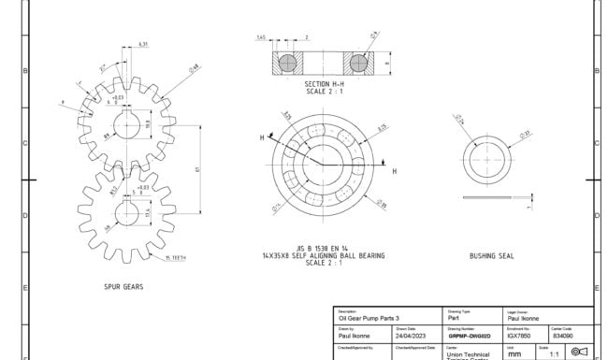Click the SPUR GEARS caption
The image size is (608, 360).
pyautogui.click(x=123, y=287)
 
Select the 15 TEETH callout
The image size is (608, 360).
pyautogui.click(x=174, y=258)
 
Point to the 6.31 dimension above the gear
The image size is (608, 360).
pyautogui.click(x=142, y=44)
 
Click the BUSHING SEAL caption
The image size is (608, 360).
pyautogui.click(x=490, y=254)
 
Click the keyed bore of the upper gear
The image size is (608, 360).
pyautogui.click(x=126, y=124)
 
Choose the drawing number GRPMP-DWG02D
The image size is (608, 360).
pyautogui.click(x=469, y=336)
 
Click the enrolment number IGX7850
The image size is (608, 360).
pyautogui.click(x=520, y=336)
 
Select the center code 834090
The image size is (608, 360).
pyautogui.click(x=564, y=336)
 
